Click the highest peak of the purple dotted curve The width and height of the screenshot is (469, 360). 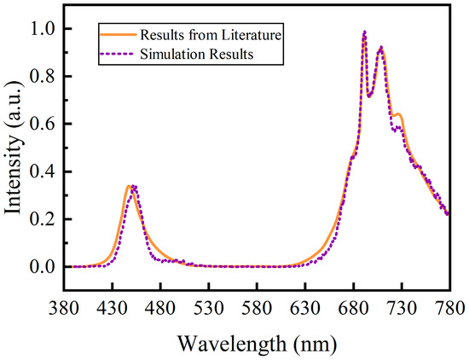(364, 32)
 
